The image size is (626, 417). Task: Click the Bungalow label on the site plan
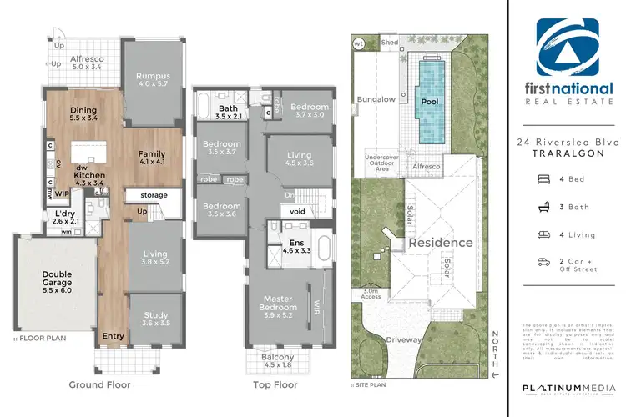[376, 98]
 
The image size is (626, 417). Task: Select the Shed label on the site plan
[389, 41]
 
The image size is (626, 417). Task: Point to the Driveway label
[404, 340]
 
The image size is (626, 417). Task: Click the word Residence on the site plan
[440, 243]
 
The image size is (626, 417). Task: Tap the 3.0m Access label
[371, 293]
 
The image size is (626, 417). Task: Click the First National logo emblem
[567, 49]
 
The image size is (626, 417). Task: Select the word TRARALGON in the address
[567, 155]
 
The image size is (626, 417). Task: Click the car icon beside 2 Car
[543, 262]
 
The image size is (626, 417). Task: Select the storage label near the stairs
[154, 195]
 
